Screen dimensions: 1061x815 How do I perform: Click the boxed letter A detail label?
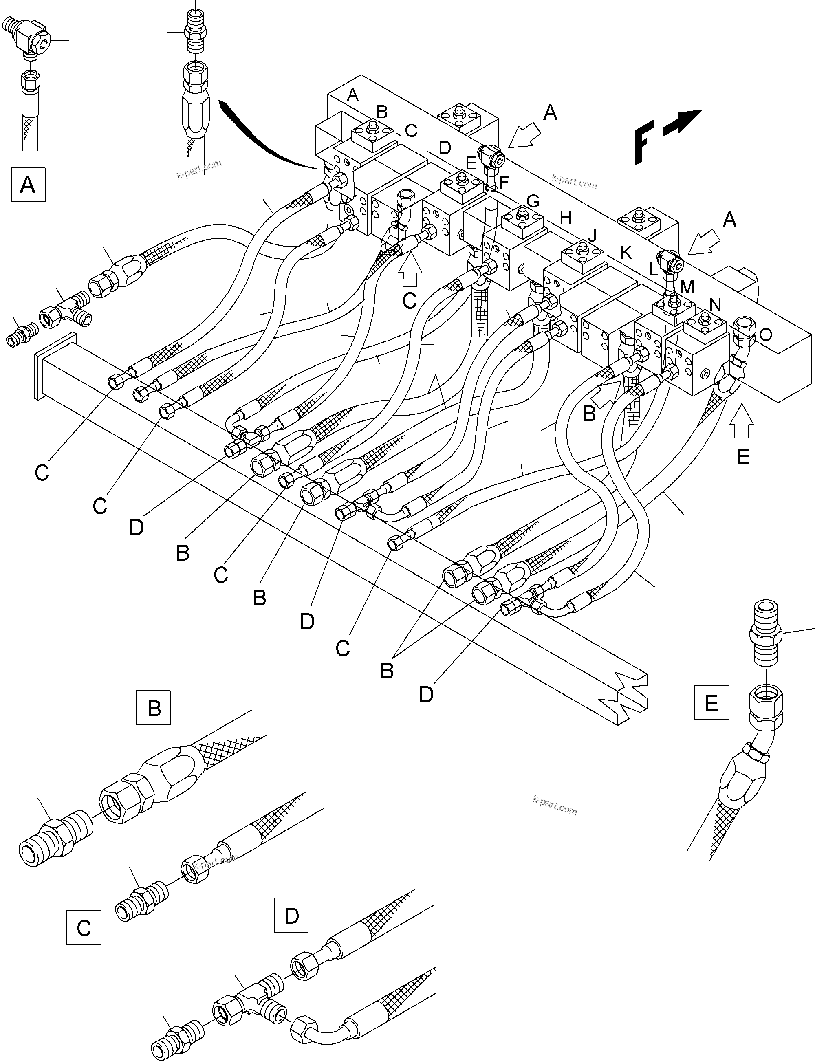[28, 185]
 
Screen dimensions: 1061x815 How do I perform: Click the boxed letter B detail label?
[153, 707]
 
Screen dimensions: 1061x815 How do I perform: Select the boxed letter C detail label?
[84, 928]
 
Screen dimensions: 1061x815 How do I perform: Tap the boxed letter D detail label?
[291, 915]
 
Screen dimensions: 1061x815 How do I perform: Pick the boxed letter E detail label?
[711, 702]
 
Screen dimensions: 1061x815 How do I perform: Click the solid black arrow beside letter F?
[682, 121]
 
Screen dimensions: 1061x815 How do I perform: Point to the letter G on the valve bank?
[533, 201]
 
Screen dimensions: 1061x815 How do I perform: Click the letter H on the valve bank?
[566, 218]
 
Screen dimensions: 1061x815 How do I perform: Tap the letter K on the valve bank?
[626, 253]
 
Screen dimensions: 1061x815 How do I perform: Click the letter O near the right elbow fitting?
[766, 335]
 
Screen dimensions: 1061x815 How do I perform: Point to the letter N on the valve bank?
[715, 304]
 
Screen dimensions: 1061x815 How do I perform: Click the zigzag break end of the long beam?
[626, 696]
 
